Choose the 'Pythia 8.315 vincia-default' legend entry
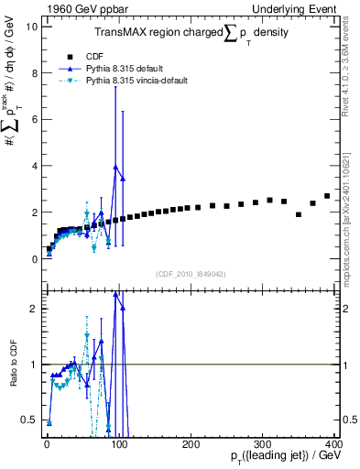point(137,81)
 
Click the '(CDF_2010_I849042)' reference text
point(191,274)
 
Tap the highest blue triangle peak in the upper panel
point(115,168)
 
